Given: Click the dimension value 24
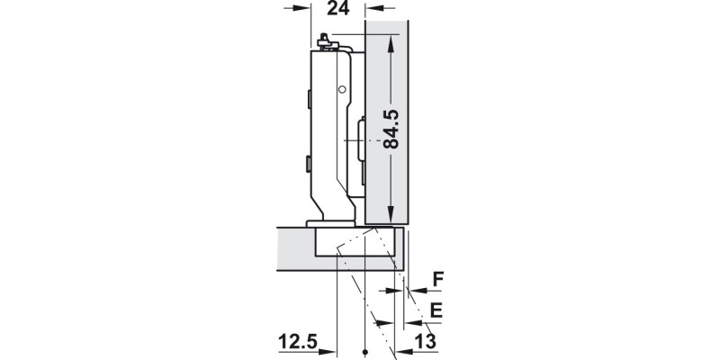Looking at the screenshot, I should [x=337, y=9].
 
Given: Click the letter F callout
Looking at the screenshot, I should [x=437, y=280].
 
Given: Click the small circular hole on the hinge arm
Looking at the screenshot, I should [x=342, y=90].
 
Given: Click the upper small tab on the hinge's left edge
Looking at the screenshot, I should [x=308, y=94].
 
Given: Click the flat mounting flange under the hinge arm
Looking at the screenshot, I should [x=328, y=221].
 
